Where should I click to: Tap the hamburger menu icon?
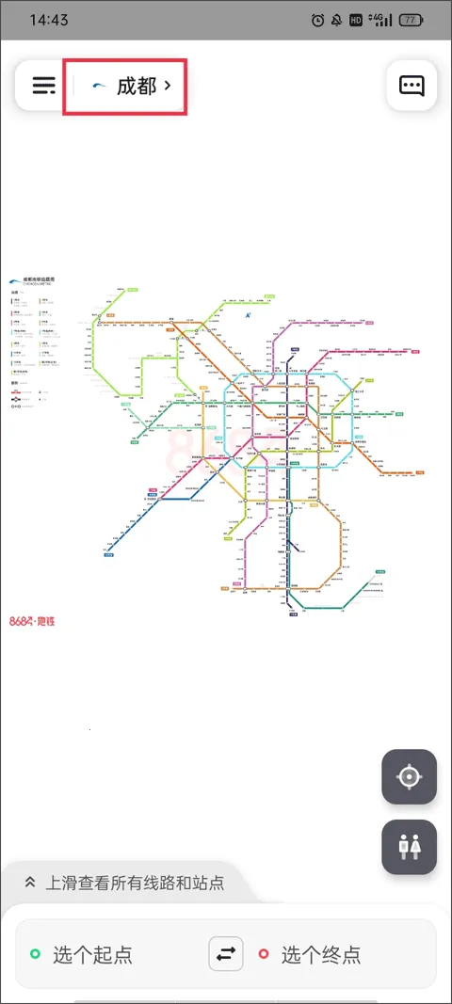tap(44, 86)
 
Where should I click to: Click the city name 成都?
tap(136, 87)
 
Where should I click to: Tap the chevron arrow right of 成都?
tap(168, 86)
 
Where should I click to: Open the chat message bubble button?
tap(412, 86)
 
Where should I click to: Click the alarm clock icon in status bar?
tap(317, 20)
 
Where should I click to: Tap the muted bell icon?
tap(336, 20)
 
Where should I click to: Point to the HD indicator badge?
tap(355, 20)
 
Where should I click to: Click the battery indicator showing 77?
tap(411, 20)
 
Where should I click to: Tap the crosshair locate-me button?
tap(410, 777)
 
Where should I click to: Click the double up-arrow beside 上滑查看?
tap(30, 883)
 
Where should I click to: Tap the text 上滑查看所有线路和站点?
tap(136, 883)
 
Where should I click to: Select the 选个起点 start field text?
tap(92, 955)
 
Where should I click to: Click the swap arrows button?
tap(226, 954)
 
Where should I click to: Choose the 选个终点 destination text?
tap(320, 955)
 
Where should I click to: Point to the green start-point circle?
tap(35, 955)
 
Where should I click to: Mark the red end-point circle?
tap(264, 955)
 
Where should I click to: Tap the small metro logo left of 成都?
tap(99, 87)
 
